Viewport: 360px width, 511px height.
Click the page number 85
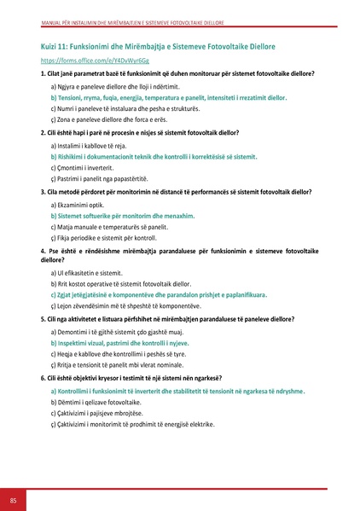tap(13, 499)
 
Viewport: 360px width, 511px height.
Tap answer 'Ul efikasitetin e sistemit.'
tap(93, 272)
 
